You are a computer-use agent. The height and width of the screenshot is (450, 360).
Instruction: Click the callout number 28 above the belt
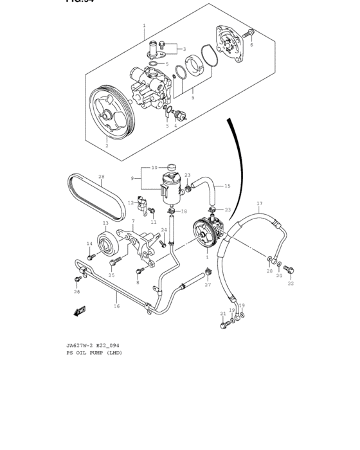point(101,176)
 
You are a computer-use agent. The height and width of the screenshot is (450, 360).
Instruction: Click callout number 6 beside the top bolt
point(251,45)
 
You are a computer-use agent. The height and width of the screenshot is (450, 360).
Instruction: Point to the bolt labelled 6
point(250,32)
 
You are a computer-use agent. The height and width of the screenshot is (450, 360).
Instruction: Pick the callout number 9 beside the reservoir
point(132,178)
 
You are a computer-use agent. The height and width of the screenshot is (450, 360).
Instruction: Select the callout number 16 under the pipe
point(117,306)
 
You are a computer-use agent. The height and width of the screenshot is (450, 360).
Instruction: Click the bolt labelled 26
point(77,280)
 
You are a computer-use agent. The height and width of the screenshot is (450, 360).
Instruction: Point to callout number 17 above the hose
point(260,204)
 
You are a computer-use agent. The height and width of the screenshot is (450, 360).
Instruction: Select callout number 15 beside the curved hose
point(227,186)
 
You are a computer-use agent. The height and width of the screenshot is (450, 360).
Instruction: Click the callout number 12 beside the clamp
point(130,203)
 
